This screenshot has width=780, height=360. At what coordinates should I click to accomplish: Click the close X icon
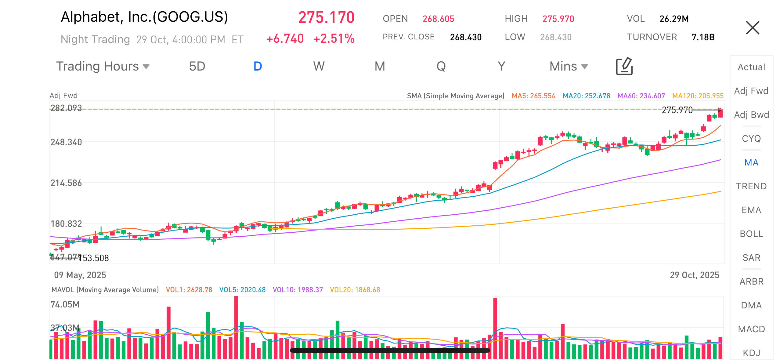tap(752, 28)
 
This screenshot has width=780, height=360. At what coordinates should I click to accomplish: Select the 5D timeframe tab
tap(197, 66)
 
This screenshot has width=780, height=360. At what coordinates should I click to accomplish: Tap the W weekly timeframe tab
tap(319, 66)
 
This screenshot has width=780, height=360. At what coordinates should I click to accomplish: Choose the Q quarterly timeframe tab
tap(441, 66)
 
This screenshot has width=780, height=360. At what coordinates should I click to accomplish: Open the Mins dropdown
tap(568, 66)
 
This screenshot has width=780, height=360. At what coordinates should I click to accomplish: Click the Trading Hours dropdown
tap(103, 66)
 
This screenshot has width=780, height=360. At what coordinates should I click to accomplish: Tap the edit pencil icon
tap(624, 66)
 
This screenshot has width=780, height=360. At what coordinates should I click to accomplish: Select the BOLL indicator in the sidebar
tap(751, 234)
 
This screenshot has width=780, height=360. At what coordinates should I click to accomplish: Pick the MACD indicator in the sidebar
tap(751, 329)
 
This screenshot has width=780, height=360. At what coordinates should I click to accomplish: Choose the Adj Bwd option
tap(751, 115)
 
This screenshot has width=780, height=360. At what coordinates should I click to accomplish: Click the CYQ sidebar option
tap(751, 139)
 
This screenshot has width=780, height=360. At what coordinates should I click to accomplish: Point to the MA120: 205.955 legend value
tap(698, 96)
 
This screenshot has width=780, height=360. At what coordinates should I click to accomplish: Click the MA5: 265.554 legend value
tap(533, 96)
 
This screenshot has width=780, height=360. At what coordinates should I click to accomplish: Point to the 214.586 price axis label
tap(66, 183)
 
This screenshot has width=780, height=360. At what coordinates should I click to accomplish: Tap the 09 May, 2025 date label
tap(80, 275)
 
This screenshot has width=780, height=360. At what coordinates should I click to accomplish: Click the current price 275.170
tap(326, 17)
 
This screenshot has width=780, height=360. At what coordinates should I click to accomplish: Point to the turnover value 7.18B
tap(703, 37)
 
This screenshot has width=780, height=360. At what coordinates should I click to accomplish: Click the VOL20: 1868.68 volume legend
tap(355, 290)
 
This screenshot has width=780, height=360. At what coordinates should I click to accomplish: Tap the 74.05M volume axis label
tap(65, 304)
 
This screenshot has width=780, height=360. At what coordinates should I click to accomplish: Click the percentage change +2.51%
tap(334, 39)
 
